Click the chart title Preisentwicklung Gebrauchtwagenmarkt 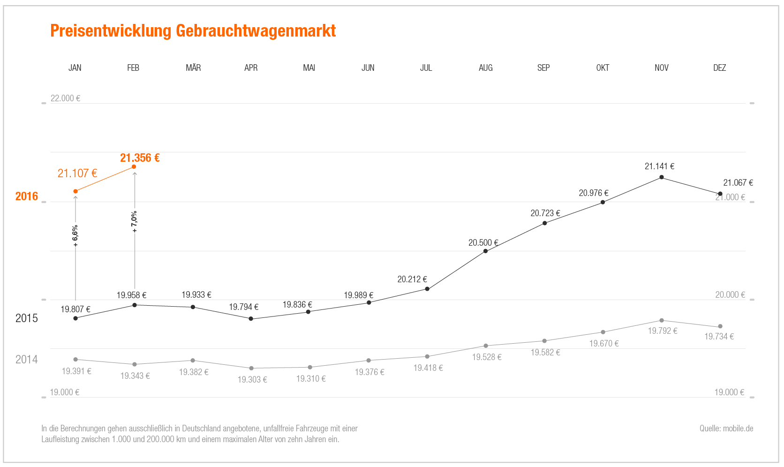coord(193,31)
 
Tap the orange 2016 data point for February coord(134,167)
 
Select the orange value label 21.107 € coord(77,173)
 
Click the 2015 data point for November coord(662,177)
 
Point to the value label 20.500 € coord(483,242)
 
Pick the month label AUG coord(485,68)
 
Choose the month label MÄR coord(193,68)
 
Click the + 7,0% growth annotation coord(134,222)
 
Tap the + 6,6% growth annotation coord(75,236)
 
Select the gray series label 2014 coord(26,360)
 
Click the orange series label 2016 coord(26,196)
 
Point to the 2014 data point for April coord(251,369)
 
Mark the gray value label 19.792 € coord(662,331)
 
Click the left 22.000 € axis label coord(65,98)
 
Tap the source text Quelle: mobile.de coord(726,429)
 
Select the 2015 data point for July coord(427,289)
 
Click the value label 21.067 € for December coord(738,183)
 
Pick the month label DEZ coord(719,68)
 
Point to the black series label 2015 coord(26,318)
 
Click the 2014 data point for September coord(544,341)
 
